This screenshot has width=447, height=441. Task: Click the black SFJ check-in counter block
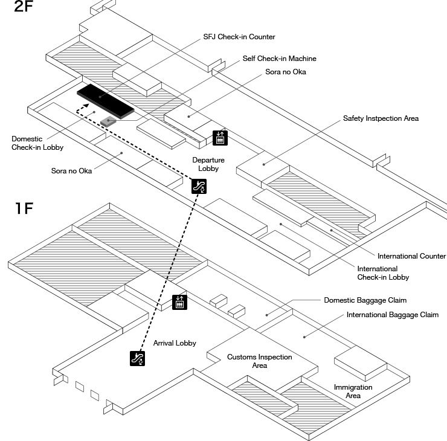[105, 101]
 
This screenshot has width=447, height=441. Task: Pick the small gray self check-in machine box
[108, 121]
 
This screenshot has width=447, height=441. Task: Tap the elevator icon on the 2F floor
[220, 138]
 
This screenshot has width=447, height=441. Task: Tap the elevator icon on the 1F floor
[179, 302]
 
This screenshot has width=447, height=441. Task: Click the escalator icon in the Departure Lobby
[198, 186]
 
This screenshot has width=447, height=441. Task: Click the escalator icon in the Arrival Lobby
[138, 358]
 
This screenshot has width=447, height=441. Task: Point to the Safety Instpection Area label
[381, 118]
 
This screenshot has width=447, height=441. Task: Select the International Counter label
[411, 256]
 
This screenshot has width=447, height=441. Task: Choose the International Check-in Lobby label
[382, 273]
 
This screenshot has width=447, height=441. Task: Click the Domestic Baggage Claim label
[365, 300]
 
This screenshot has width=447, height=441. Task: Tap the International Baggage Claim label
[392, 315]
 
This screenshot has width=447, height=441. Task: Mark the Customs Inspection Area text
[259, 361]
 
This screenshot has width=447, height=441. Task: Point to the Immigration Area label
[353, 391]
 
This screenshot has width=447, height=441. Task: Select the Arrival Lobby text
[175, 343]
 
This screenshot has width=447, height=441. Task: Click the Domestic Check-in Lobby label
[37, 143]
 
